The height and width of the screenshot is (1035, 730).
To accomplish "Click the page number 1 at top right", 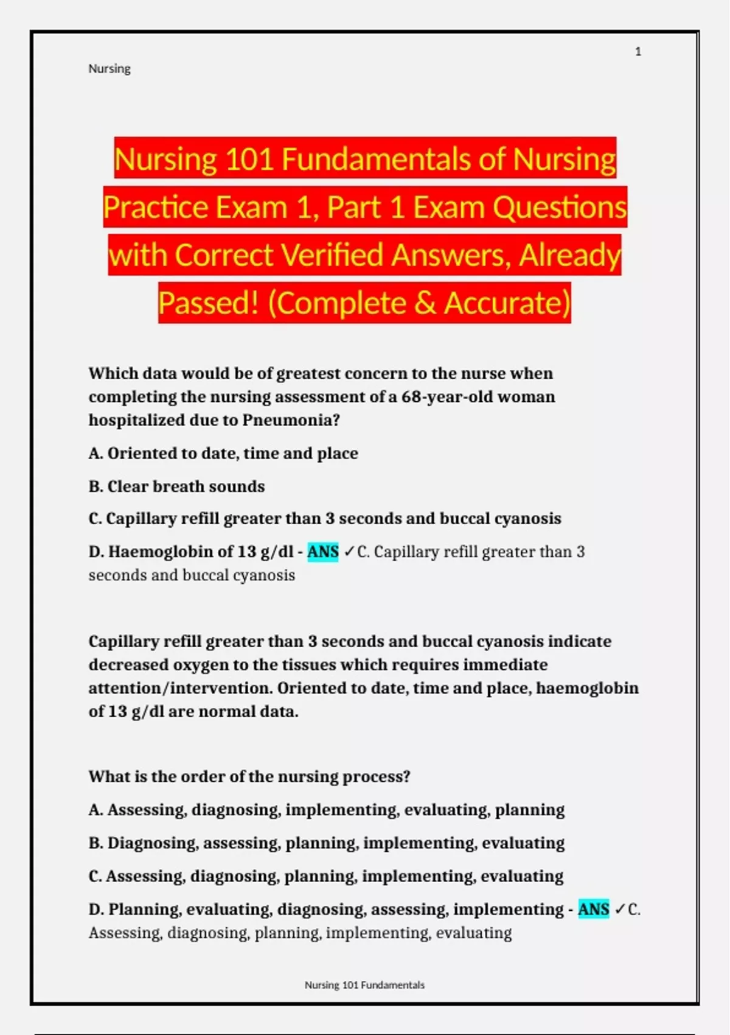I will tap(638, 52).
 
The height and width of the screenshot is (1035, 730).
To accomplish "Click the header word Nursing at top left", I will tap(109, 69).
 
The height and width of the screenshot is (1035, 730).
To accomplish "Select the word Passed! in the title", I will tap(209, 303).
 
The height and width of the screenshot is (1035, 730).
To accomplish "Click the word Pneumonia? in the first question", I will tap(291, 420).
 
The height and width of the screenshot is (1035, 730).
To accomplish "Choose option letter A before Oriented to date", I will tap(95, 454).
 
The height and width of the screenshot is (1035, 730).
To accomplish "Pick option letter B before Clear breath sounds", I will tap(95, 486).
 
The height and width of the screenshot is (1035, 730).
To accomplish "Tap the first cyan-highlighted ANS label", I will tap(323, 552).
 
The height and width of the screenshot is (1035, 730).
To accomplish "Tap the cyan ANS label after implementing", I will tap(593, 909).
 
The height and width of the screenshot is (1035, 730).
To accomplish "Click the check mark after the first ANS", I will tap(349, 552).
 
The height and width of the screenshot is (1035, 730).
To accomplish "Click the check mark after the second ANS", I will tap(619, 909).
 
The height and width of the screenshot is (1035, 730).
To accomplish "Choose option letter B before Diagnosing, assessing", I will tap(95, 843).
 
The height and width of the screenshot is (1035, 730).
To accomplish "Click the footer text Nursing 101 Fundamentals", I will tap(364, 985).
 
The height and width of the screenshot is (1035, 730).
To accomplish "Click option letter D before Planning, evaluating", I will tap(96, 909).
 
